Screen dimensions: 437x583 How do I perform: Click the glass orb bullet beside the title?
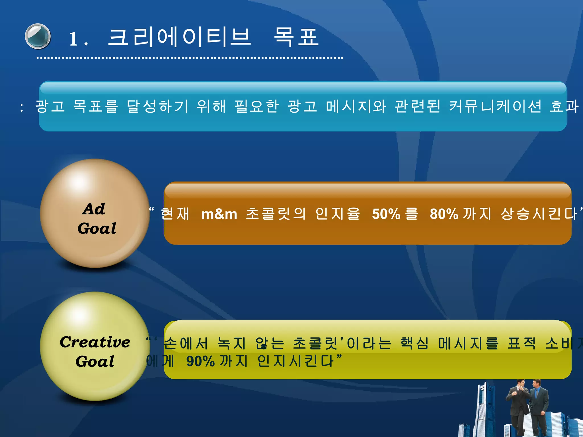tap(38, 36)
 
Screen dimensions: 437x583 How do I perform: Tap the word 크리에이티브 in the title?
tap(179, 37)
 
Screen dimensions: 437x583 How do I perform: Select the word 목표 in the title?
tap(296, 37)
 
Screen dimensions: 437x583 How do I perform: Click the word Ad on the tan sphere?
tap(94, 209)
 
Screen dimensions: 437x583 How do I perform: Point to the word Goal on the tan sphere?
tap(97, 228)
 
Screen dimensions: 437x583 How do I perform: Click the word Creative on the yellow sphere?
tap(95, 342)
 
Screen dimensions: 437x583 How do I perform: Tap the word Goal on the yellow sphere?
tap(95, 362)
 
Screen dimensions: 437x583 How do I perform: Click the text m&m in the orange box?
tap(219, 214)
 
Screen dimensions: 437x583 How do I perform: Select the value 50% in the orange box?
tap(386, 214)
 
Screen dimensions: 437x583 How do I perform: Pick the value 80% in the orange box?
tap(444, 214)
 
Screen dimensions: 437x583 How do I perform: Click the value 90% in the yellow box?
tap(200, 362)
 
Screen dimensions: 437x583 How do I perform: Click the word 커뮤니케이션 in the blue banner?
tap(495, 106)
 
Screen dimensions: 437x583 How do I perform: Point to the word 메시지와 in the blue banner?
tap(356, 106)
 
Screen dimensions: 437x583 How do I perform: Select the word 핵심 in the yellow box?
tap(414, 343)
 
